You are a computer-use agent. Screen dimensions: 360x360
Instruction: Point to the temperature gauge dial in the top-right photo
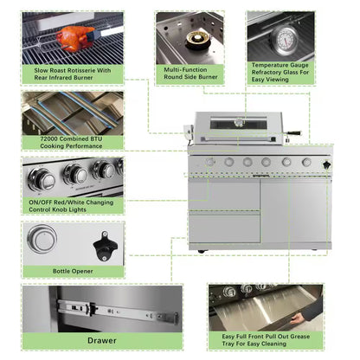coord(283,39)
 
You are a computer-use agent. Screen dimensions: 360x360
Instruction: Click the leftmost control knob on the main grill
coord(210,162)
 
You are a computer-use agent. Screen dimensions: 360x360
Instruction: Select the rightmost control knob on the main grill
coord(306,162)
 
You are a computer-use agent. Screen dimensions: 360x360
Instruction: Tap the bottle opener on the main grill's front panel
coord(326,163)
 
